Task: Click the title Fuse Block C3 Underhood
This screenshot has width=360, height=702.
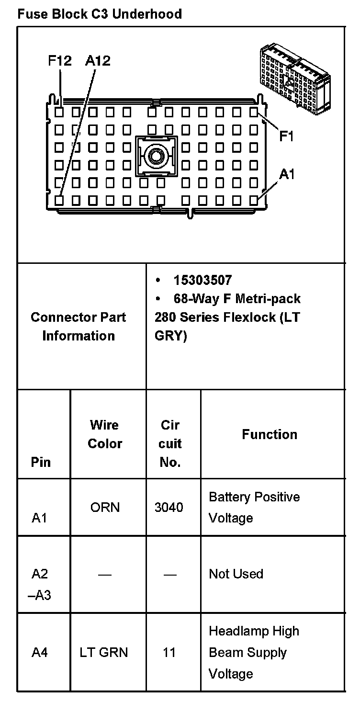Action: pyautogui.click(x=99, y=14)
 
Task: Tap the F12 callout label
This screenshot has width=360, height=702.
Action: pyautogui.click(x=60, y=61)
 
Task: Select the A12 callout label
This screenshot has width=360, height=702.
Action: pyautogui.click(x=98, y=61)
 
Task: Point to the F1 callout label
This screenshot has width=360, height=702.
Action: pyautogui.click(x=286, y=136)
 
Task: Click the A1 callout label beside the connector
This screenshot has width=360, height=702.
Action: pyautogui.click(x=287, y=175)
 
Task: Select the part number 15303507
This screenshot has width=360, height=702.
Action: pyautogui.click(x=202, y=280)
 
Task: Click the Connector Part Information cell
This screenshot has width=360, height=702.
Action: pyautogui.click(x=79, y=326)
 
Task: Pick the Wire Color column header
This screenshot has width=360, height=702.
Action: pyautogui.click(x=105, y=434)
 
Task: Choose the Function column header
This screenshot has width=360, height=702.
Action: pyautogui.click(x=270, y=434)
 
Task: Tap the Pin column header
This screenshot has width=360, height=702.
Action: pyautogui.click(x=41, y=462)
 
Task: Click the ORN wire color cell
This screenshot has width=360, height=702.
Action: pyautogui.click(x=105, y=507)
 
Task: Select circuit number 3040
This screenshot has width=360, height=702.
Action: pyautogui.click(x=169, y=507)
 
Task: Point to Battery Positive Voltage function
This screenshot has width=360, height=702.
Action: pyautogui.click(x=254, y=507)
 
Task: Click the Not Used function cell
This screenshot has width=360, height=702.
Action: pyautogui.click(x=236, y=574)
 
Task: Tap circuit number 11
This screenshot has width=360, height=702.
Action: pyautogui.click(x=169, y=652)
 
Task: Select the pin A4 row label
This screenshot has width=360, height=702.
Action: pyautogui.click(x=40, y=652)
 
